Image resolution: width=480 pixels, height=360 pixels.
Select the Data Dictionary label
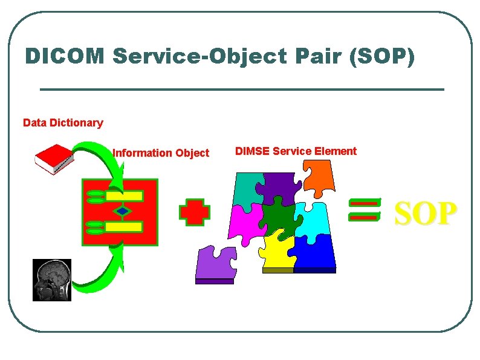pos(63,123)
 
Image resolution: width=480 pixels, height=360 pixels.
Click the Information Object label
pos(161,153)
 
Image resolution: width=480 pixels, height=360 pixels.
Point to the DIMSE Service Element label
pos(296,151)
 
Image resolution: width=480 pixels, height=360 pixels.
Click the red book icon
pos(54,159)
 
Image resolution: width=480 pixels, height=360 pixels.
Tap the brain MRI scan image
pos(52,280)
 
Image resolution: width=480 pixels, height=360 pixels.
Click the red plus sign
pos(195,212)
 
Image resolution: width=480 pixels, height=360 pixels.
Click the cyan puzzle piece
pos(311,220)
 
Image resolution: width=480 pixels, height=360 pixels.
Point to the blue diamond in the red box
pos(123,211)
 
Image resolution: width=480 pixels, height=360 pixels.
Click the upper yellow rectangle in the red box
pos(124,196)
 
